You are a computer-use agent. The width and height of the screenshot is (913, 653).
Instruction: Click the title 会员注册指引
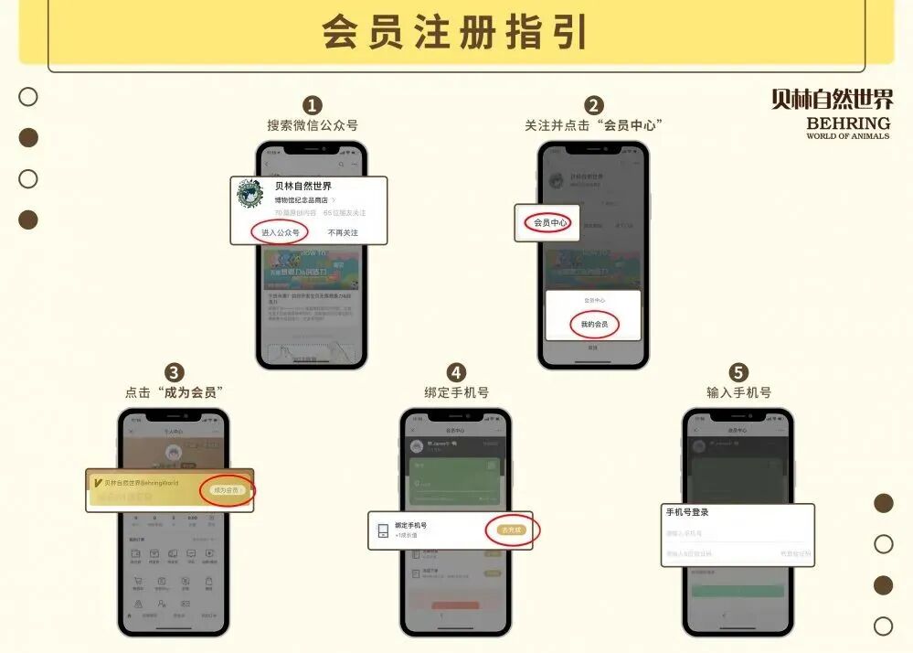coord(454,31)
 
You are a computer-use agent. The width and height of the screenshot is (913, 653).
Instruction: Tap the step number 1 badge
coord(313,106)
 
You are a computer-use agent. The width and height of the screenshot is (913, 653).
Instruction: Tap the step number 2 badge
coord(594,106)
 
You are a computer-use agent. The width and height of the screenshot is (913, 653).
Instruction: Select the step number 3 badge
coord(174,372)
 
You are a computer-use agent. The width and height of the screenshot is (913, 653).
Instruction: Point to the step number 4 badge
coord(456,372)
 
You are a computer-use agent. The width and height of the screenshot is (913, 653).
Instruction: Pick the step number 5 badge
coord(738,372)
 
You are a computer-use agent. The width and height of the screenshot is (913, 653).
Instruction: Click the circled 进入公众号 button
coord(281,232)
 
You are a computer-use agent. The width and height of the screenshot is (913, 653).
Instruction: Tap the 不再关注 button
coord(344,232)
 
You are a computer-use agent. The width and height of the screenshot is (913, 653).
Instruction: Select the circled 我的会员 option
coord(594,324)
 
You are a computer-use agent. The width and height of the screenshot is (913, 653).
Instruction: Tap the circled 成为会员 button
coord(228,490)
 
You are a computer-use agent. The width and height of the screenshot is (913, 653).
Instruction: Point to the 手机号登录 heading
coord(687,512)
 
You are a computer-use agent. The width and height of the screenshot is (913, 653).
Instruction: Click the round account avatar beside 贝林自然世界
coord(250,194)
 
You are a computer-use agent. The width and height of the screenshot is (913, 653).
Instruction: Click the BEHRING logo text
coord(848,123)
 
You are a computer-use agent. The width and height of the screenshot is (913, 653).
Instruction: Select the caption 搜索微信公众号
coord(313,125)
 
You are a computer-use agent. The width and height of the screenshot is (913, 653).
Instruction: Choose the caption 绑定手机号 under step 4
coord(456,392)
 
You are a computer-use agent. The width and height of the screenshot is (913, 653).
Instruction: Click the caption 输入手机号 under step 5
coord(738,392)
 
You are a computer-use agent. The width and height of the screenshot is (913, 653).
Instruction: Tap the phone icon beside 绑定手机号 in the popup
coord(382,530)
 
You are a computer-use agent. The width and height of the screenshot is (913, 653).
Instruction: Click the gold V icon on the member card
coord(98,482)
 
